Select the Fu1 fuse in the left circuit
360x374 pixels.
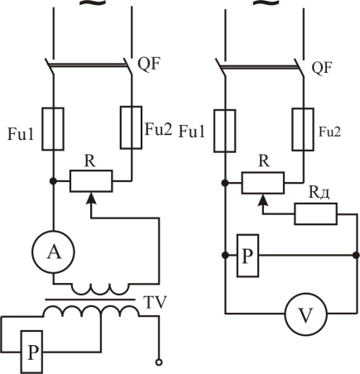(x=53, y=129)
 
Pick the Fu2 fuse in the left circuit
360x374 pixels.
(x=132, y=127)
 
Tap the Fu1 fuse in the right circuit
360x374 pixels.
(x=225, y=131)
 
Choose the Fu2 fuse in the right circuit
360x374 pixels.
(x=303, y=129)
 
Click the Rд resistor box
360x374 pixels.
(x=316, y=213)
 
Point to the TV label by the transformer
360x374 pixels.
(x=155, y=302)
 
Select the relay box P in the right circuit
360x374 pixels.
(x=248, y=256)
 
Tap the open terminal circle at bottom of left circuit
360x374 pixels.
(x=159, y=362)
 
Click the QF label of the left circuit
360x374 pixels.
(x=149, y=65)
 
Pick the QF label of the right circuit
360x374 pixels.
(x=322, y=67)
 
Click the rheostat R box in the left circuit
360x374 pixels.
(x=91, y=181)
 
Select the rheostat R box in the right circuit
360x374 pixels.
(x=263, y=183)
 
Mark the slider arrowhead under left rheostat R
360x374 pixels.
(x=91, y=198)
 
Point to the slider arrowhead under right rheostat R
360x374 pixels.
(x=263, y=199)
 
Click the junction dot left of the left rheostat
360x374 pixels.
(x=53, y=181)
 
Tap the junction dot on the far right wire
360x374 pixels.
(x=356, y=256)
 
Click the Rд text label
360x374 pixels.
(x=319, y=192)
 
